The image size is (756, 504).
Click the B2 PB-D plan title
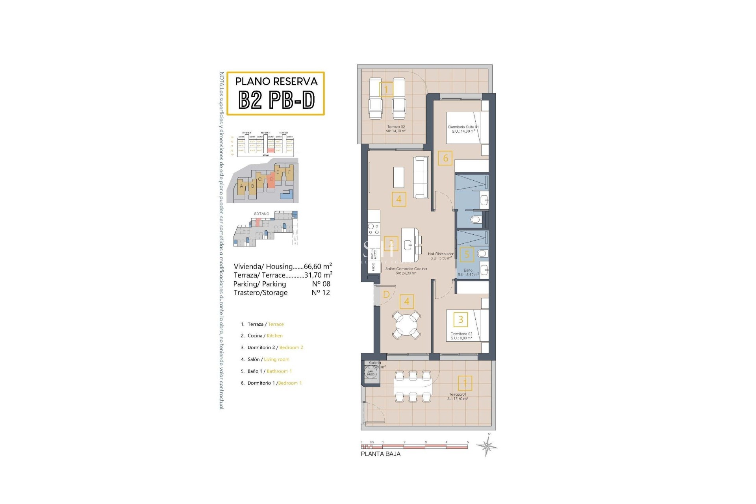[276, 100]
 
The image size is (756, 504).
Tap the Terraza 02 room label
[396, 129]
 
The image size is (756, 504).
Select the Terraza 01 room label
[458, 396]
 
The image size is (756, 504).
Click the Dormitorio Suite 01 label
[463, 129]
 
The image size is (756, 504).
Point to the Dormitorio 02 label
[461, 336]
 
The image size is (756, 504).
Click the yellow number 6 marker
[445, 158]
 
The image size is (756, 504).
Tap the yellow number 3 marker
[461, 319]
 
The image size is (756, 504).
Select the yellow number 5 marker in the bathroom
[467, 254]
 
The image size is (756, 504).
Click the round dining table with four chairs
[406, 324]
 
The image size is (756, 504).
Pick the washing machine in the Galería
[371, 372]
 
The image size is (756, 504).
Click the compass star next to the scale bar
[487, 446]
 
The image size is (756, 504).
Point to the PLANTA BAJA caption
[380, 454]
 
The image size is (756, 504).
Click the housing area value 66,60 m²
[317, 267]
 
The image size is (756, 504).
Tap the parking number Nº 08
[321, 284]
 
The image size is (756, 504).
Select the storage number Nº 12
[321, 293]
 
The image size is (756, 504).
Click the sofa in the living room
[421, 178]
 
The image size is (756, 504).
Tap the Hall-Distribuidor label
[441, 256]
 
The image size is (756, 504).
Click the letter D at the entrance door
[386, 295]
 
